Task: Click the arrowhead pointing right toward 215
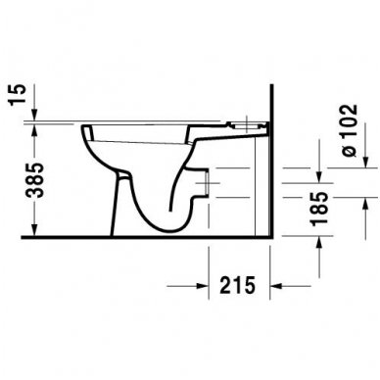tap(202, 286)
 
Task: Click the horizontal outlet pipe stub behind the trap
tap(206, 181)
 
